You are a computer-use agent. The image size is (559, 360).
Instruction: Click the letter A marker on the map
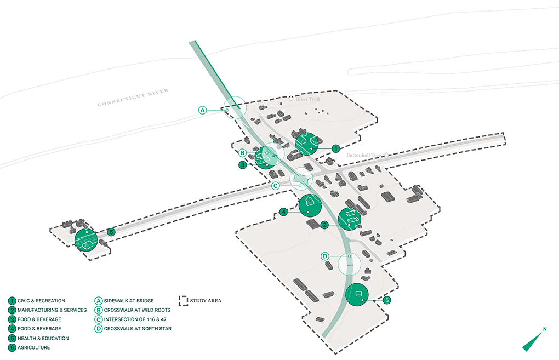[x=202, y=110]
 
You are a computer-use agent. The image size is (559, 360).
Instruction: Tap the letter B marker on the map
[x=243, y=153]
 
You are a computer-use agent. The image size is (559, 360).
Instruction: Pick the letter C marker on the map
[x=276, y=186]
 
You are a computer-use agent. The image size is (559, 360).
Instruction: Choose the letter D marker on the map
[x=324, y=256]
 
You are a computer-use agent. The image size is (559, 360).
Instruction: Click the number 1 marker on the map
[x=336, y=148]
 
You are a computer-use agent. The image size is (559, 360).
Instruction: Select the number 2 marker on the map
[x=324, y=225]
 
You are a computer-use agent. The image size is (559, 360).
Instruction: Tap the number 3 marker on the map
[x=242, y=164]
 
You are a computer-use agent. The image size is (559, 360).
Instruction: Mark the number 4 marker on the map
[x=283, y=212]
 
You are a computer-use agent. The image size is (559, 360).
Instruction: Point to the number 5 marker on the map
[x=386, y=300]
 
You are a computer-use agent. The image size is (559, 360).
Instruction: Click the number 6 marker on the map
[x=111, y=232]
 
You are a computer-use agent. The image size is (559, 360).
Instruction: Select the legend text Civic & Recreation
[x=41, y=301]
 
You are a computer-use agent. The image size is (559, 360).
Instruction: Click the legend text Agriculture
[x=34, y=347]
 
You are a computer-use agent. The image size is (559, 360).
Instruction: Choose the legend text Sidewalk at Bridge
[x=128, y=301]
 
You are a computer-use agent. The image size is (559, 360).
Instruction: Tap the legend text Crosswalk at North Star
[x=137, y=329]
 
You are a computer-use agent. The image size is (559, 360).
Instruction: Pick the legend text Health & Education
[x=43, y=338]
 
